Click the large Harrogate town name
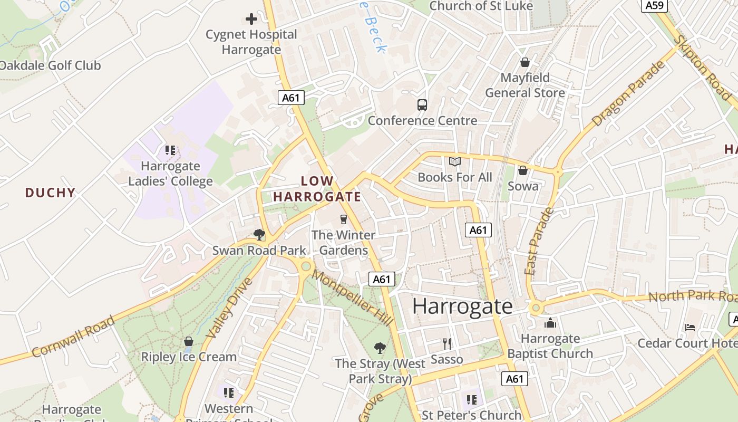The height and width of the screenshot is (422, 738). [x=462, y=306]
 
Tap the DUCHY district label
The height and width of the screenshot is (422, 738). [x=51, y=193]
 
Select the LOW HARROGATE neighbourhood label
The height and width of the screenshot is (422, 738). [x=317, y=189]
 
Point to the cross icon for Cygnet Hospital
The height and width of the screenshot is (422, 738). [x=251, y=20]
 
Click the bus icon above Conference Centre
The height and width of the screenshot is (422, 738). [x=422, y=104]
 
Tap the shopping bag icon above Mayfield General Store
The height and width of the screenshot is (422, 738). [x=525, y=62]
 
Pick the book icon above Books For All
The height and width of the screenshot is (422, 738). [x=454, y=161]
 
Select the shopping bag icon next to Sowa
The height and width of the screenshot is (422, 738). [x=522, y=170]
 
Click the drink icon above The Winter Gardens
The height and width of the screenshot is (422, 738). [x=344, y=219]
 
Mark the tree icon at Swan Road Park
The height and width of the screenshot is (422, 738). [x=259, y=234]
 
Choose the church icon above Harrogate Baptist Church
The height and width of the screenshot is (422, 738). [x=550, y=322]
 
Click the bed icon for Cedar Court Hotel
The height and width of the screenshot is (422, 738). [x=690, y=328]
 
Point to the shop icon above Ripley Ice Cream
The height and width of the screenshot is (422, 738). [x=188, y=341]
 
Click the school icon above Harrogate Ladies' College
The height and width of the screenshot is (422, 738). [x=170, y=150]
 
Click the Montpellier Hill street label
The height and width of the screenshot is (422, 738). [x=352, y=297]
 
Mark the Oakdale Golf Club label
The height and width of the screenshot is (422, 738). [x=50, y=66]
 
